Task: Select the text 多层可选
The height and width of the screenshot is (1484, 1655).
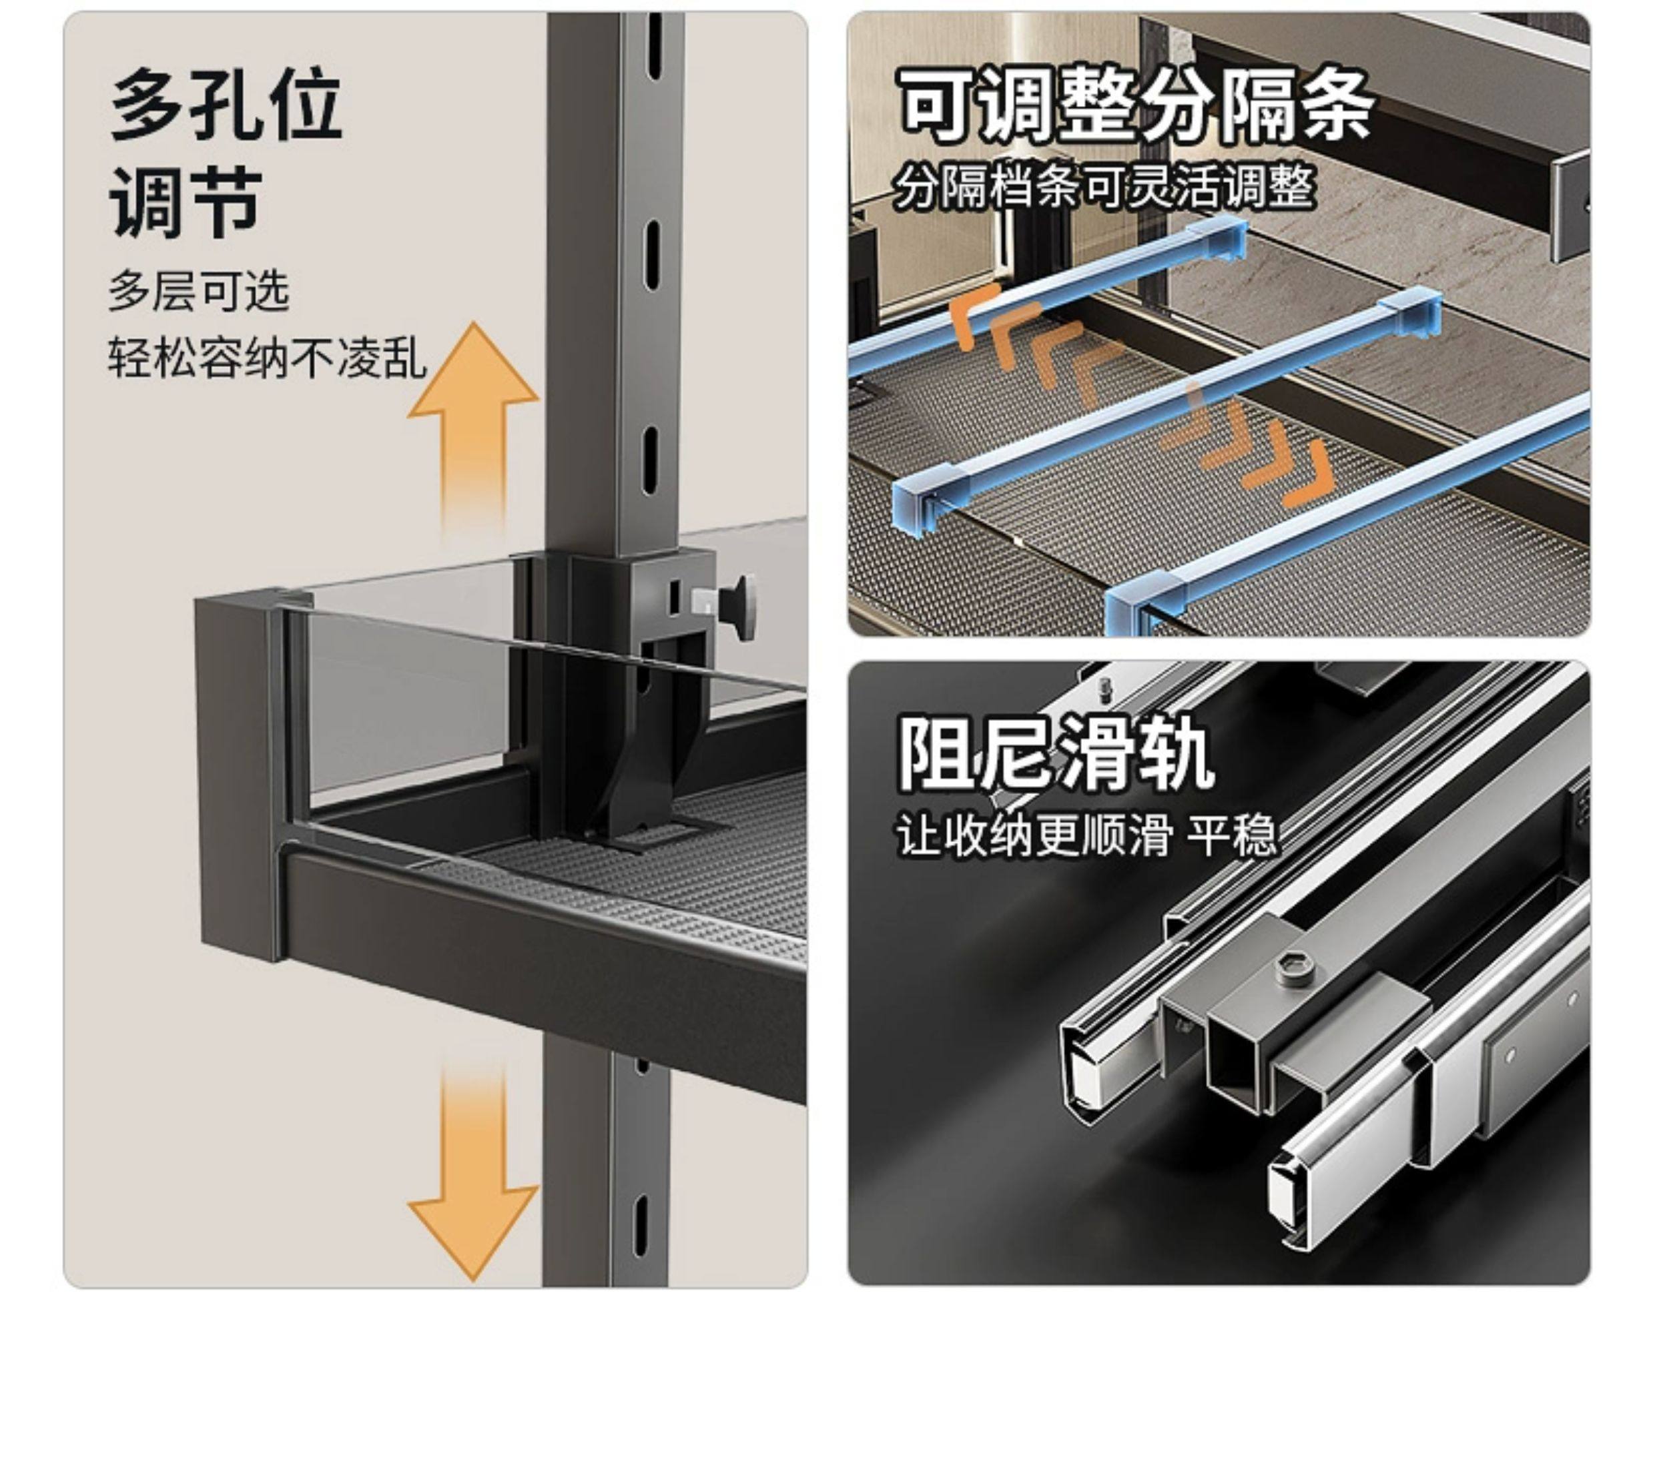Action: click(198, 291)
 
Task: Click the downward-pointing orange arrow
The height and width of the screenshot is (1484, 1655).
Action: click(473, 1174)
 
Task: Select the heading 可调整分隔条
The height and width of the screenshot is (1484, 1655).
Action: click(1136, 104)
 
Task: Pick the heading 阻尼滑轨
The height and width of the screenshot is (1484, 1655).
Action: click(1056, 752)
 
